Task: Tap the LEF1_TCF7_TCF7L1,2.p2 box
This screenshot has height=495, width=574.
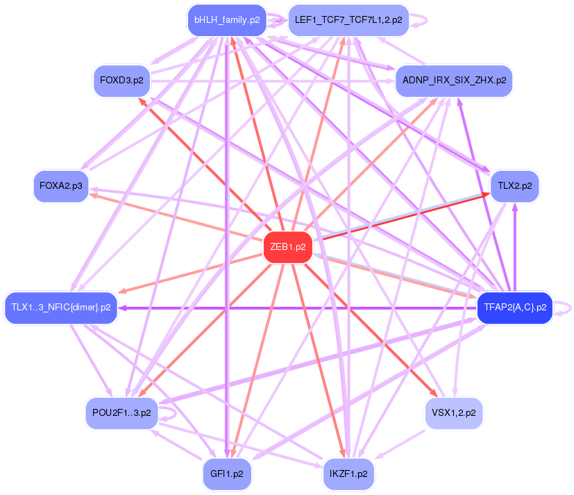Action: [x=348, y=19]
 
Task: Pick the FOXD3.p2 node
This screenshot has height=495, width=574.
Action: [x=121, y=80]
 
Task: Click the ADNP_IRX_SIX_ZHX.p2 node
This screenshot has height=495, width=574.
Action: [x=453, y=80]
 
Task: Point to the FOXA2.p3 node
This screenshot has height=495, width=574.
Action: [x=61, y=186]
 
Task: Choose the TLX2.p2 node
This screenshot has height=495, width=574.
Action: [x=514, y=186]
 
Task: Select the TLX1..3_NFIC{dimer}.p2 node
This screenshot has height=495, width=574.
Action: [x=61, y=307]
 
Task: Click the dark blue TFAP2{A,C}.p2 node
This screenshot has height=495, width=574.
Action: [x=512, y=307]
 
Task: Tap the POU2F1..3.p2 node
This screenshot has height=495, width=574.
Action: [x=121, y=413]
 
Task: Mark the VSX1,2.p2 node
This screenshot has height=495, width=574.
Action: [x=453, y=413]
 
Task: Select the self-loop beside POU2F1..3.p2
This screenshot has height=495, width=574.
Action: [x=173, y=413]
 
